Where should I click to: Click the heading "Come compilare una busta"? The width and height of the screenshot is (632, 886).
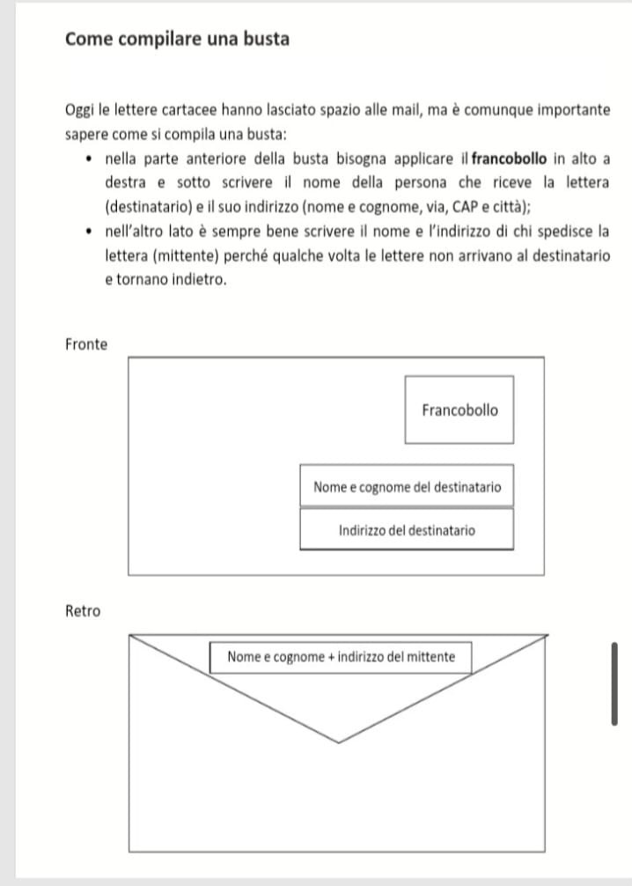(177, 40)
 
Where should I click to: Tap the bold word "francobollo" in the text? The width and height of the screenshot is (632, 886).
(510, 159)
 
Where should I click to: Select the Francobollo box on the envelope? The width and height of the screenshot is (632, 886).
(459, 410)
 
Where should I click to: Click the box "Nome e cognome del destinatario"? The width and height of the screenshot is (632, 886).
(407, 486)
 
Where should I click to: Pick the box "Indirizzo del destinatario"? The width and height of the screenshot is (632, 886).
(407, 530)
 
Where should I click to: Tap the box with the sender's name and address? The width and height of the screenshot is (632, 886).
(341, 656)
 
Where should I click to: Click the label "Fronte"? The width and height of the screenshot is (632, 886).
(86, 344)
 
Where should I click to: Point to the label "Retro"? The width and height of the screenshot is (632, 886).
(83, 610)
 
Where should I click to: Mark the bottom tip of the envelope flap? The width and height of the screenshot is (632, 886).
(339, 742)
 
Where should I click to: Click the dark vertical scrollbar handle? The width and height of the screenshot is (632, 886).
(614, 683)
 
